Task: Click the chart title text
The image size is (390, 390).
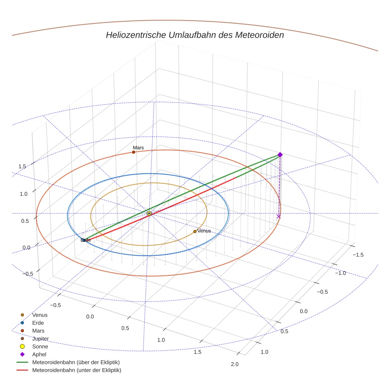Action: click(195, 35)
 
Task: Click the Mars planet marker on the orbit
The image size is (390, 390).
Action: click(134, 152)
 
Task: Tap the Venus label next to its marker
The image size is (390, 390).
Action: click(204, 231)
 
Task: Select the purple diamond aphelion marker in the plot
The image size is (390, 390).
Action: click(280, 155)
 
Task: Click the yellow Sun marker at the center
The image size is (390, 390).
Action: click(149, 213)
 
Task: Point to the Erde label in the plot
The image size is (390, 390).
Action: click(86, 240)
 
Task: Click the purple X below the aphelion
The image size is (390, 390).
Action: click(279, 216)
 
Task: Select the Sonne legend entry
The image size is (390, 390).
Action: click(40, 346)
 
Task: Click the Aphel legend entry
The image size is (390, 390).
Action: click(39, 354)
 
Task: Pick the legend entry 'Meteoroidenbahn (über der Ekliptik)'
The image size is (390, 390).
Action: click(76, 362)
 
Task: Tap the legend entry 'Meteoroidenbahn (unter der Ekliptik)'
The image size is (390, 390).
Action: click(76, 370)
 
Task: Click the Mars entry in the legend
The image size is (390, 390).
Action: click(38, 331)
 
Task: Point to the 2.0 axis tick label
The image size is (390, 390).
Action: click(235, 365)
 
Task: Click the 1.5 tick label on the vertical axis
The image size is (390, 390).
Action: click(22, 166)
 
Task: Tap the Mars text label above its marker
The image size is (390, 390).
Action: click(138, 147)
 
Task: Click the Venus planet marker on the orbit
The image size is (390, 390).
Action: click(195, 231)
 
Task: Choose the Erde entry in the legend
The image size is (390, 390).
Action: click(38, 323)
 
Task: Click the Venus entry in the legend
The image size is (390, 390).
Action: click(40, 315)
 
